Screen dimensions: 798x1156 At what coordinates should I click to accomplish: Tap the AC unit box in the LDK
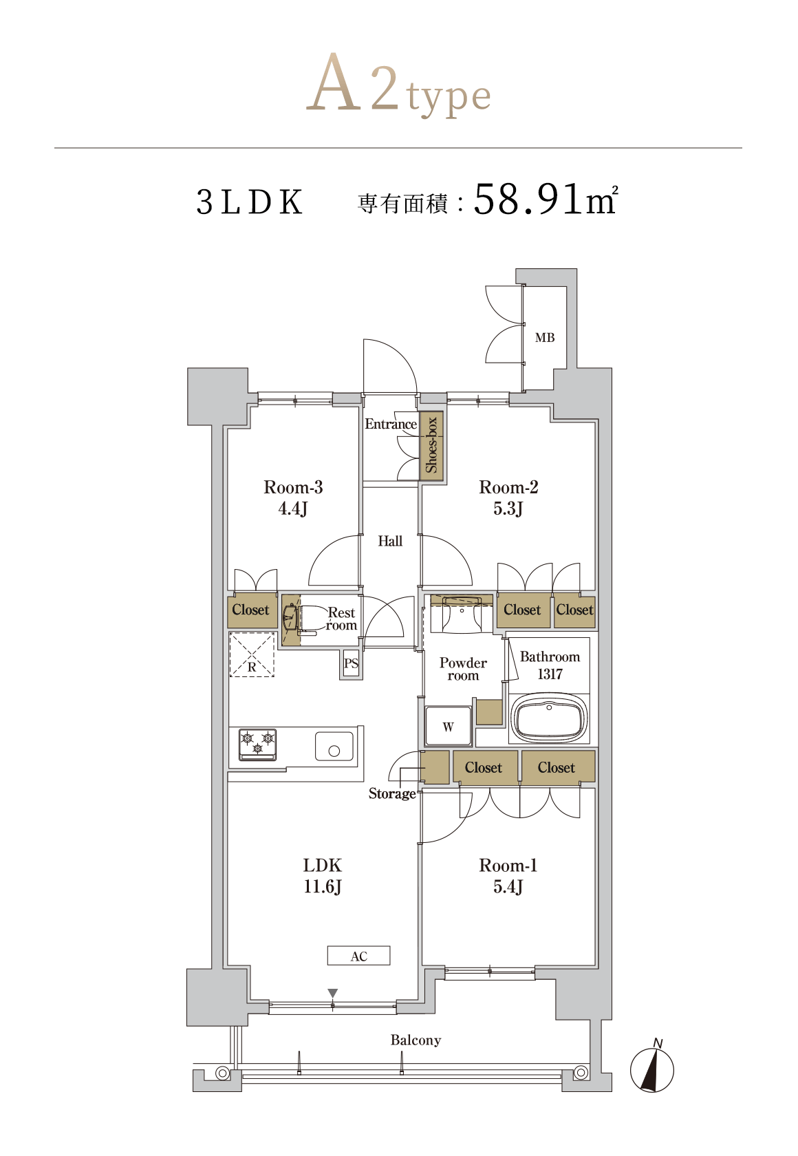point(358,955)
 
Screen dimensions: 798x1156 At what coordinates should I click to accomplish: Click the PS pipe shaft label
point(351,663)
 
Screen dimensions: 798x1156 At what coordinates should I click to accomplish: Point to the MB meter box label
point(545,337)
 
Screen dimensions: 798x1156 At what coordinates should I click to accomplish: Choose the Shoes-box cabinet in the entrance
point(431,445)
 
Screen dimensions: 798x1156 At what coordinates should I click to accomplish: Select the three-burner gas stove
point(257,745)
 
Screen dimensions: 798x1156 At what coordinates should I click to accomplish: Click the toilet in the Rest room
point(304,618)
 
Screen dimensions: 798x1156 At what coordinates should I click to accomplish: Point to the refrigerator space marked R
point(252,654)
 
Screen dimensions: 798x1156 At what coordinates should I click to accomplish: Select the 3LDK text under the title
point(249,202)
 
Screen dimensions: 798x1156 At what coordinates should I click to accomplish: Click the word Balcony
point(416,1040)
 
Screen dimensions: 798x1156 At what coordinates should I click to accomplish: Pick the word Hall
point(390,541)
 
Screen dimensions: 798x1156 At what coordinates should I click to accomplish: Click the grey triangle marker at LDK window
point(333,992)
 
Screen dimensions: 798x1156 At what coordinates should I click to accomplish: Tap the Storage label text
point(392,793)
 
